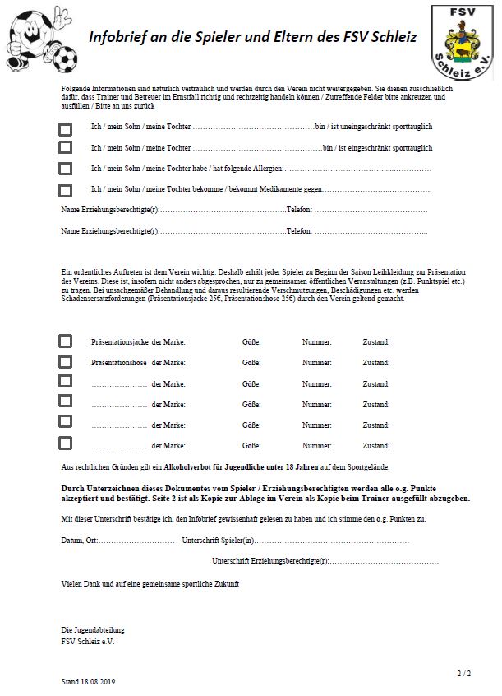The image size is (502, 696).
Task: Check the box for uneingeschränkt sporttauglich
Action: [66, 128]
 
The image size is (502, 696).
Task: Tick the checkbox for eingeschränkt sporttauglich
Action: [66, 148]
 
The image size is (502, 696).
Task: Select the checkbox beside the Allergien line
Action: [66, 169]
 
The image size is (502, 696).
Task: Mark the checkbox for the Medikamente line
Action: [66, 190]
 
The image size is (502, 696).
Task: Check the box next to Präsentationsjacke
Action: [66, 341]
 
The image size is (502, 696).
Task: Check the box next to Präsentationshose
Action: [66, 362]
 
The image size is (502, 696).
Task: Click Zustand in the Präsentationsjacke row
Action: [376, 341]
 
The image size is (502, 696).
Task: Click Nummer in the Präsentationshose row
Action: [316, 363]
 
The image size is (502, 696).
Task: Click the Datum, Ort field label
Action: [79, 541]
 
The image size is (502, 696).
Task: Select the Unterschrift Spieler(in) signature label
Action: [219, 541]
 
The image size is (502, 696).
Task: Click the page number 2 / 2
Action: [464, 674]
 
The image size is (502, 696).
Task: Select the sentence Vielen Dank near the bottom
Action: [150, 583]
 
